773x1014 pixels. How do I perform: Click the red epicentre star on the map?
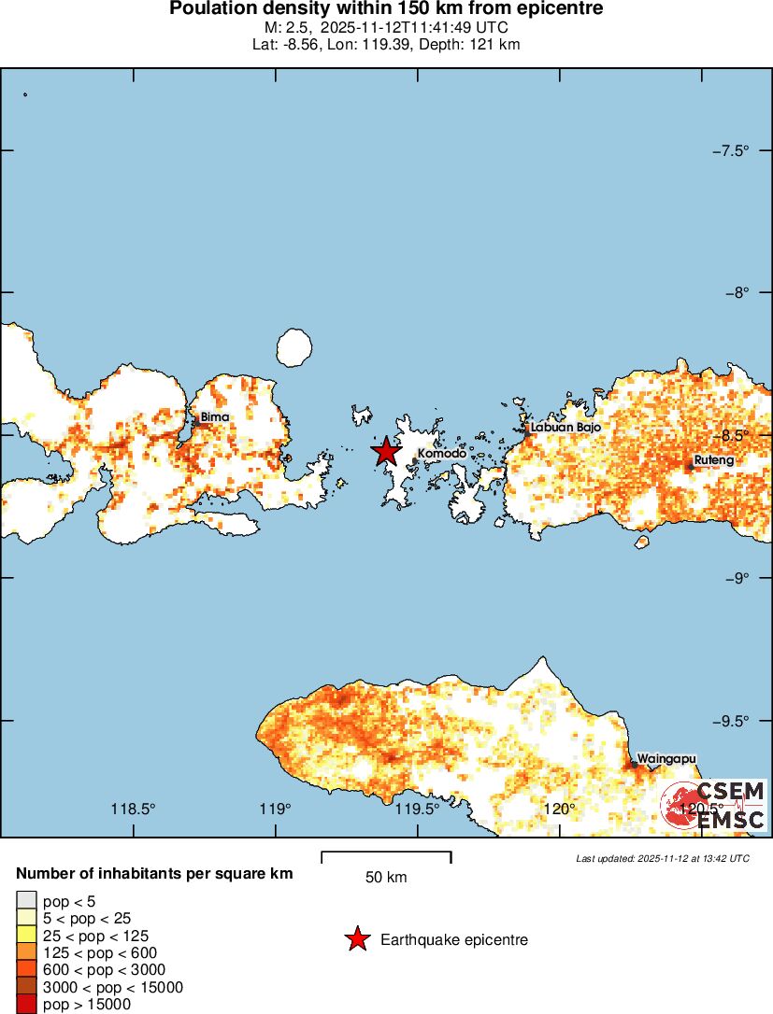point(386,451)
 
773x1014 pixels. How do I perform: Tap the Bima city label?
point(215,416)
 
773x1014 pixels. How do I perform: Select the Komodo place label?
point(441,454)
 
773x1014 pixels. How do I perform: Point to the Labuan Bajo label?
point(565,427)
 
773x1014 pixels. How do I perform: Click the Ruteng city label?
point(714,460)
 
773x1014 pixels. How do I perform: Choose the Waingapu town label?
point(666,758)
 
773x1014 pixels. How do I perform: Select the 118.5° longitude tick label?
point(133,809)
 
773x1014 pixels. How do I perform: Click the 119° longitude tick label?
point(276,809)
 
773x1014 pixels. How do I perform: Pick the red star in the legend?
point(357,939)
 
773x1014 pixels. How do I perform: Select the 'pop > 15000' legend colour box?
point(26,1005)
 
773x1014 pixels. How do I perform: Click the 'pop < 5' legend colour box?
point(26,901)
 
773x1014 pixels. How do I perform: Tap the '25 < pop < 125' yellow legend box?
point(26,936)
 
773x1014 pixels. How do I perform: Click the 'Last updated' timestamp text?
point(662,858)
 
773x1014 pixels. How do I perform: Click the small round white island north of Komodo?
point(294,347)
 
